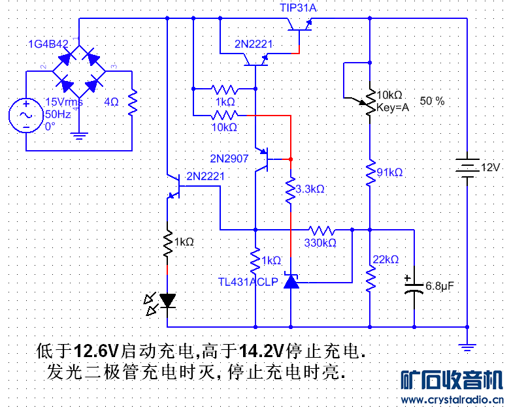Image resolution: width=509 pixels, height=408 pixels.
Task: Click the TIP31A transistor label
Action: click(x=302, y=7)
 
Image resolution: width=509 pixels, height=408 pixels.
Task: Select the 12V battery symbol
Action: click(x=467, y=168)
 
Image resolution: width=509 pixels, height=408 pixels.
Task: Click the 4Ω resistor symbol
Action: click(x=132, y=102)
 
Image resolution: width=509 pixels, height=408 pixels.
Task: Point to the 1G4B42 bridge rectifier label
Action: click(x=48, y=44)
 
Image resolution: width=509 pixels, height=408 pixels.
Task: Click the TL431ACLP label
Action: click(x=248, y=281)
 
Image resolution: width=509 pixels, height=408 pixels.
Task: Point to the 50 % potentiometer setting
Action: click(x=432, y=101)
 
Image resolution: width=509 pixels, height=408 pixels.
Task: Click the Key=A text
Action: click(x=392, y=108)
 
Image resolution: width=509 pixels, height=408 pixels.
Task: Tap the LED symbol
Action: click(x=167, y=301)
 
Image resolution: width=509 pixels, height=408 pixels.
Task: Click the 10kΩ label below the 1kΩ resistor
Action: click(x=224, y=127)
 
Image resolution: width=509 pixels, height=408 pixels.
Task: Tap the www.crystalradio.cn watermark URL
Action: click(x=451, y=400)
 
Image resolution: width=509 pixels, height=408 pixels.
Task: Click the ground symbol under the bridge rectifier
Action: click(x=79, y=136)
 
